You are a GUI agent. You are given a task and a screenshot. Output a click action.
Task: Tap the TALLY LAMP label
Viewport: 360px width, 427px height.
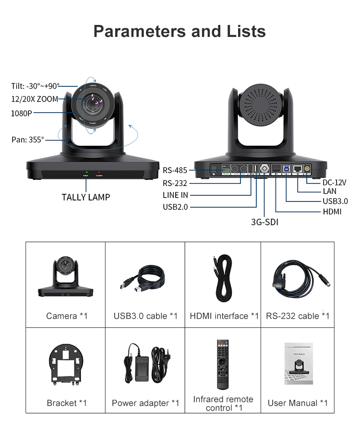click(86, 197)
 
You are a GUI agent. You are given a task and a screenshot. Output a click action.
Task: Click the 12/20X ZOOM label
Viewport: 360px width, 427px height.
click(35, 99)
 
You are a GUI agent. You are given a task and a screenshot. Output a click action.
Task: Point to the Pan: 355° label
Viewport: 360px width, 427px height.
click(28, 140)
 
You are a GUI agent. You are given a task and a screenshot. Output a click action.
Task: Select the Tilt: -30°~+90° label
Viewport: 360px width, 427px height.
click(36, 86)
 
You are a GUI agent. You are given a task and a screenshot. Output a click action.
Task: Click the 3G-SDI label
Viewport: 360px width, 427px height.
click(265, 222)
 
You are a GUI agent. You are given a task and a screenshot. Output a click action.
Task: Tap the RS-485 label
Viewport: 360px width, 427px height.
click(175, 170)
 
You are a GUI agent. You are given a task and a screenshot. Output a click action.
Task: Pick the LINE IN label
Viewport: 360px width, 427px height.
click(175, 195)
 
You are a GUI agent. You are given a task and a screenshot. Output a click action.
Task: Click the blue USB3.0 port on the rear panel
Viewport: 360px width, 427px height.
click(287, 168)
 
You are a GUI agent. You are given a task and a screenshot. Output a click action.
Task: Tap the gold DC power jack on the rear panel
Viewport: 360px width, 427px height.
click(307, 169)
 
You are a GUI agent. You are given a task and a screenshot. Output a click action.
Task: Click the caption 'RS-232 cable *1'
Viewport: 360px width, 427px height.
click(298, 316)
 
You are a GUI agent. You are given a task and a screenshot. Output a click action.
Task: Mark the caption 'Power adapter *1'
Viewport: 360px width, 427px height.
click(145, 403)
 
